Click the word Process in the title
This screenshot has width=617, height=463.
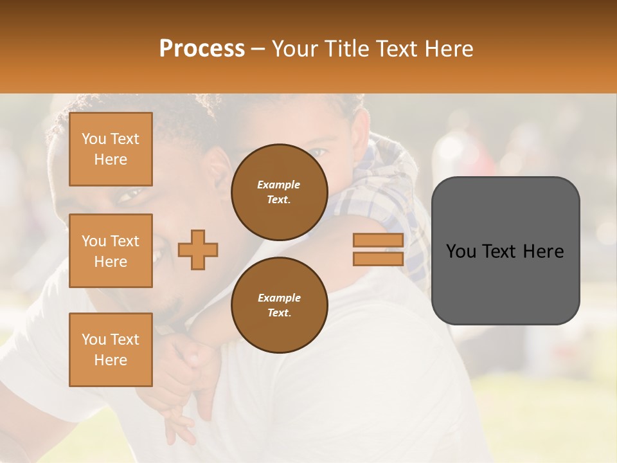(x=202, y=49)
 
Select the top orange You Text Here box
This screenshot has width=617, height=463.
(x=111, y=149)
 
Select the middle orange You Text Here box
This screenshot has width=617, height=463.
(x=111, y=251)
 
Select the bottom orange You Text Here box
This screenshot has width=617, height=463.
(x=111, y=350)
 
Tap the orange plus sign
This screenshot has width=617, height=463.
(x=198, y=250)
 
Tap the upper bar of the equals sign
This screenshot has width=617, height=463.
(x=378, y=241)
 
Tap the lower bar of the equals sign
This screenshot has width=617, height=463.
(x=378, y=259)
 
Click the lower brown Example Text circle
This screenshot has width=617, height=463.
(x=279, y=305)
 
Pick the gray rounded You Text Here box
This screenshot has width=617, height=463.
(x=505, y=251)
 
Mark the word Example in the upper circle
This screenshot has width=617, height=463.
(x=279, y=185)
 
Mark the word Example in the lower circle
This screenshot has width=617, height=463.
(x=279, y=298)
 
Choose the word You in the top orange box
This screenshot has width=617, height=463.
(x=93, y=139)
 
